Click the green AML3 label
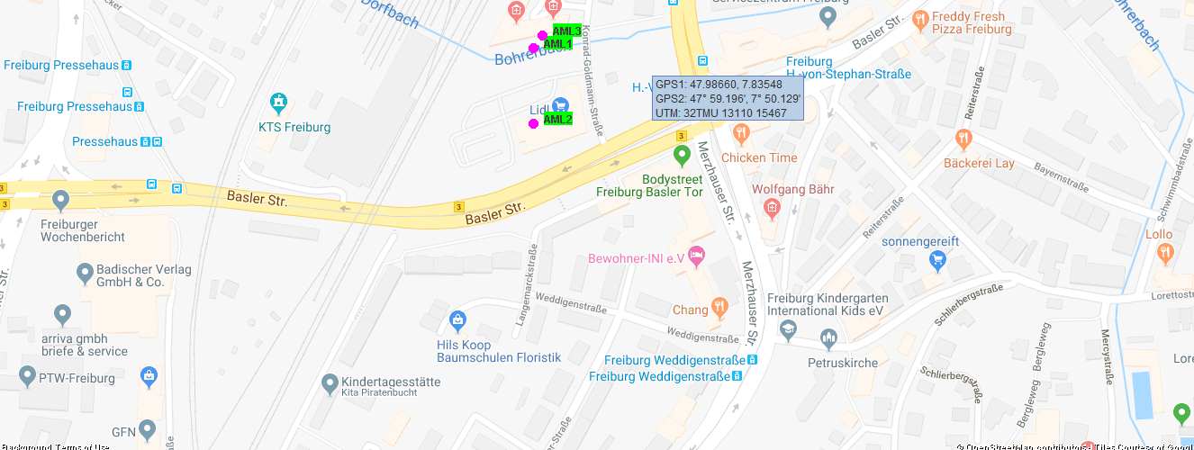pos(566,31)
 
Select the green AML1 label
pos(557,44)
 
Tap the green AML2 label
pos(557,119)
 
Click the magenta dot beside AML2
pos(533,123)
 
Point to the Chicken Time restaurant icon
pos(741,135)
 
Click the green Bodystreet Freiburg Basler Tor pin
pos(682,155)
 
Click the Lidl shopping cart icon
pos(560,105)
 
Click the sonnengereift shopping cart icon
pos(937,261)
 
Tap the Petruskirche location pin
pos(829,339)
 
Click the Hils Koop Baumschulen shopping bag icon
pos(457,320)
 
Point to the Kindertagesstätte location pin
pos(330,383)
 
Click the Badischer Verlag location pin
pos(85,271)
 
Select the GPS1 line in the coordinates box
pos(719,85)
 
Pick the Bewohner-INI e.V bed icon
pos(696,257)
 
